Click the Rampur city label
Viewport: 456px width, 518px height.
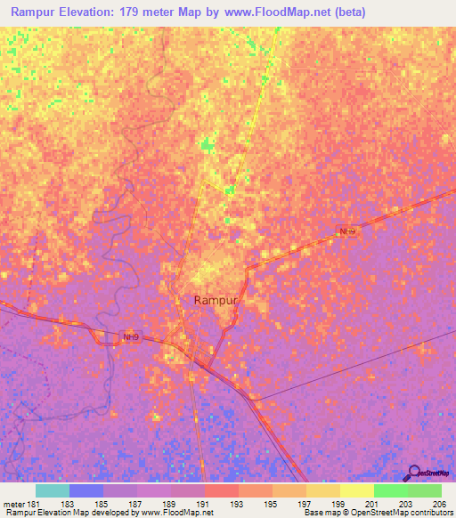point(216,301)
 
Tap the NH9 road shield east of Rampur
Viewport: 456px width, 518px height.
point(347,231)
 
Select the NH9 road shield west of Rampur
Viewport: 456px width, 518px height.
point(130,337)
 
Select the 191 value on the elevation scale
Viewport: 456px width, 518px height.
point(204,504)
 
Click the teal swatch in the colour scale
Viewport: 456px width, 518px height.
point(53,490)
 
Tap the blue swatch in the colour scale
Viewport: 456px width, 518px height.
point(86,490)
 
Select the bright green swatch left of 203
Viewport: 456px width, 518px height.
point(390,490)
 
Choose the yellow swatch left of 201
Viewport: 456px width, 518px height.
point(356,490)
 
